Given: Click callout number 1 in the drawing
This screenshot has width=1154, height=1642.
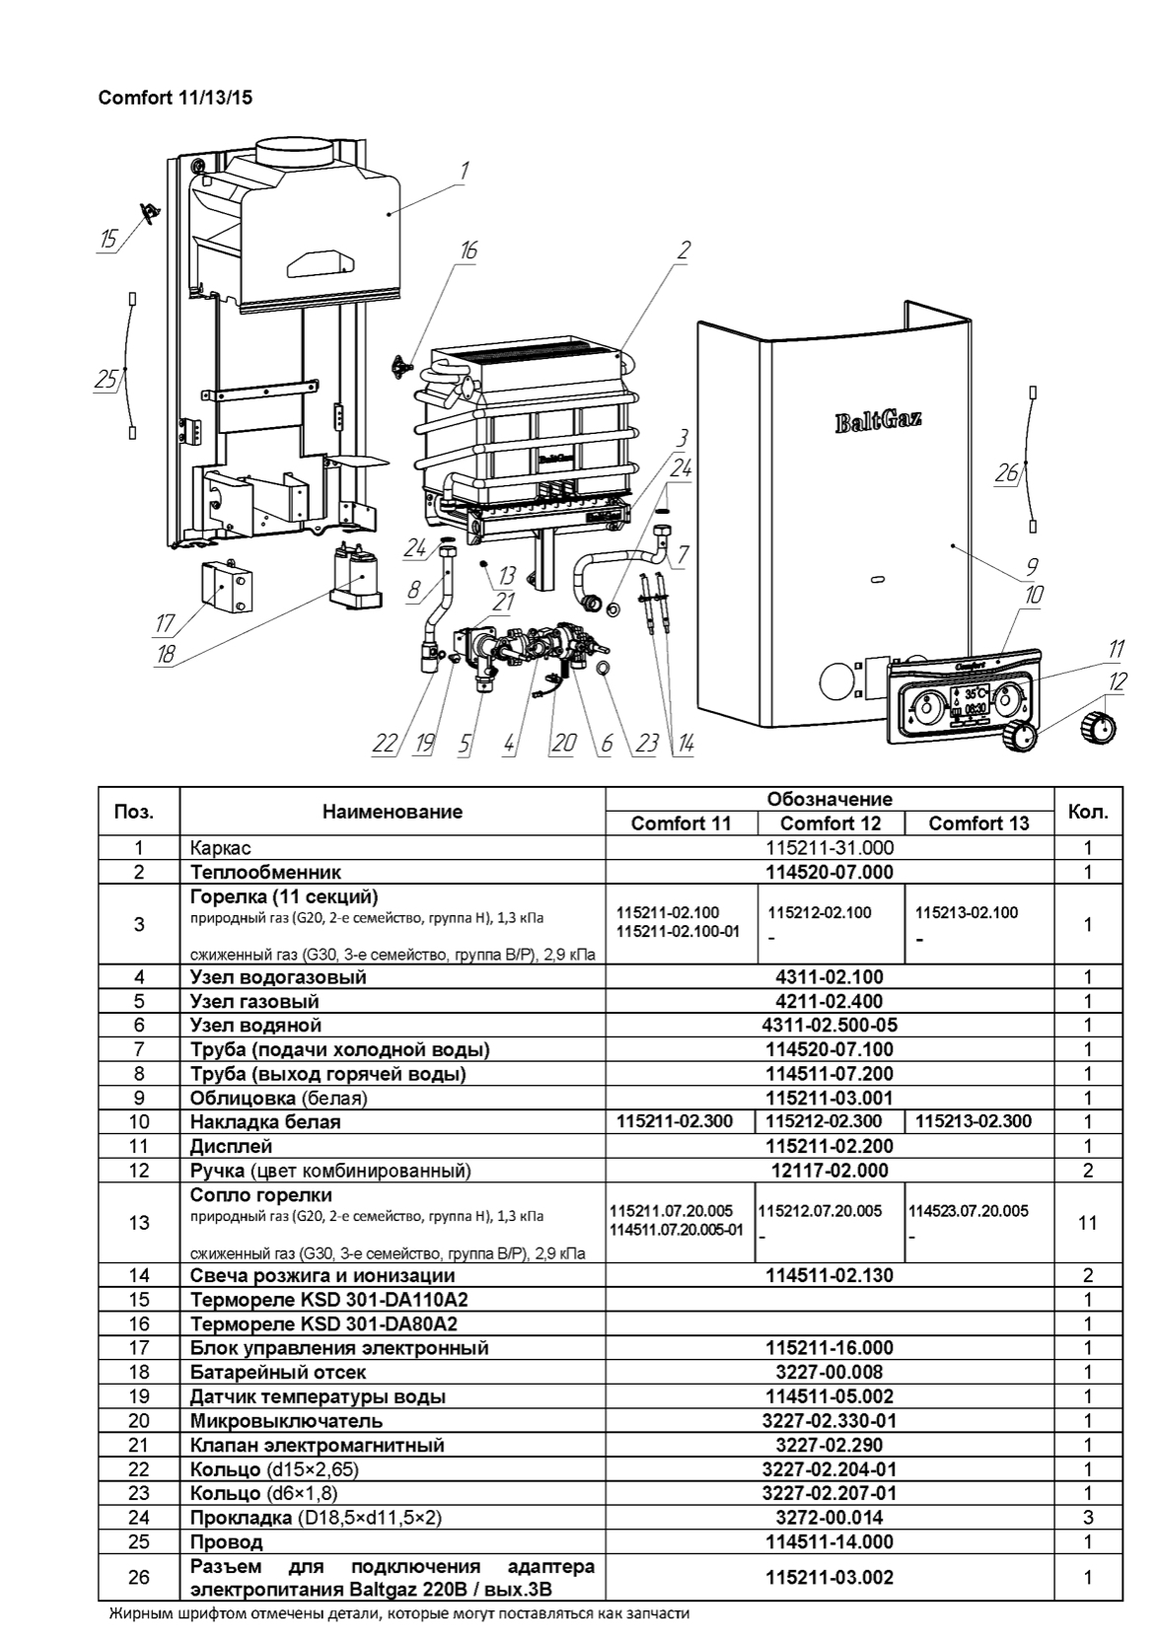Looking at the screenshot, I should pyautogui.click(x=464, y=171).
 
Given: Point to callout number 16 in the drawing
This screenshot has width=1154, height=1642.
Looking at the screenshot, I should pyautogui.click(x=468, y=250).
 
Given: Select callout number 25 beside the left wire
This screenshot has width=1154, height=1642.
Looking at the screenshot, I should pyautogui.click(x=106, y=379).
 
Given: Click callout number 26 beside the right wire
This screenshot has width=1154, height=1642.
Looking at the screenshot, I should pyautogui.click(x=1005, y=474).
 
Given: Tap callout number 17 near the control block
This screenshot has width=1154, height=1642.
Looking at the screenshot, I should pyautogui.click(x=166, y=623).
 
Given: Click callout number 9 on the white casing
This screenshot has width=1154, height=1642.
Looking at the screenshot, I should pyautogui.click(x=1032, y=566).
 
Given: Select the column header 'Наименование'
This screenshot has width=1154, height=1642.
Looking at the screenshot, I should pyautogui.click(x=392, y=812).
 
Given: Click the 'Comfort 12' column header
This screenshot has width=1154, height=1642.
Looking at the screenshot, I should pyautogui.click(x=829, y=823).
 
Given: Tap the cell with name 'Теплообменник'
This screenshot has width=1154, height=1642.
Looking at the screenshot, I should pyautogui.click(x=265, y=872).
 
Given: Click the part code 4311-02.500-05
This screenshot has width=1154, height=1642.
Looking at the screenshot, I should pyautogui.click(x=829, y=1026).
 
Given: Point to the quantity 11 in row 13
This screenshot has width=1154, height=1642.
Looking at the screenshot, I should pyautogui.click(x=1088, y=1223).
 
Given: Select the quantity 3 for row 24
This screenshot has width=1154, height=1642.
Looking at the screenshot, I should pyautogui.click(x=1088, y=1518).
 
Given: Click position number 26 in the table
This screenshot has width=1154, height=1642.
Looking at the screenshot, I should pyautogui.click(x=139, y=1577).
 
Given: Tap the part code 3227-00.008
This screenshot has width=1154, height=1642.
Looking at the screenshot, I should pyautogui.click(x=829, y=1373).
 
